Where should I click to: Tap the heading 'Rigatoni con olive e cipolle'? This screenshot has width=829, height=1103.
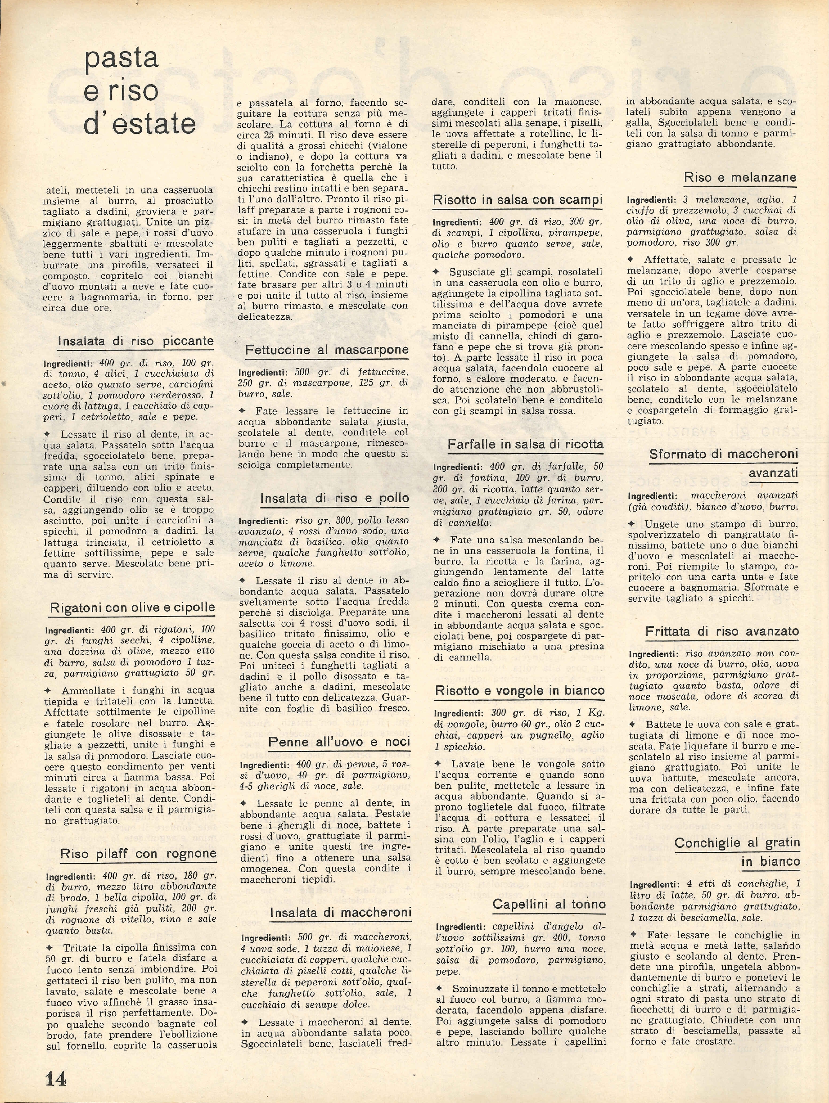click(132, 607)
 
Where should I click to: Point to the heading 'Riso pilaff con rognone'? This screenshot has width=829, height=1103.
click(138, 854)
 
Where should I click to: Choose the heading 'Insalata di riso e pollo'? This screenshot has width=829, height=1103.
click(334, 498)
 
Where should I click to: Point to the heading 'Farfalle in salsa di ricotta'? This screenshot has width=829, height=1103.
click(525, 444)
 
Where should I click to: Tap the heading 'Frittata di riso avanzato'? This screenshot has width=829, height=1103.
click(722, 631)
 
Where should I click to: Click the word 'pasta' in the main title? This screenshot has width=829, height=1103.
click(121, 58)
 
